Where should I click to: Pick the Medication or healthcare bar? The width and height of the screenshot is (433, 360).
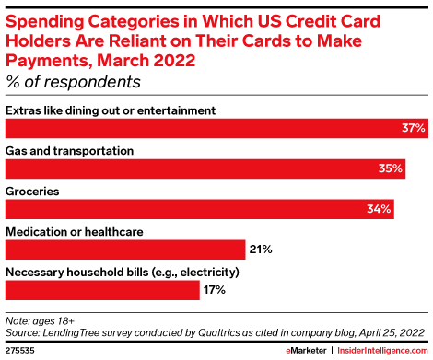(x=125, y=250)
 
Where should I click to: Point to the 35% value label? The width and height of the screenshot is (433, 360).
(x=391, y=169)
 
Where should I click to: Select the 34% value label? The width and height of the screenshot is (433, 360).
(x=380, y=209)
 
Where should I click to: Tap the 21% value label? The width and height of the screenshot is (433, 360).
(x=261, y=250)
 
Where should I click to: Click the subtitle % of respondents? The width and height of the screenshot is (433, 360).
(x=73, y=82)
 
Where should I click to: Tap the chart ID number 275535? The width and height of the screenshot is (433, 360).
(x=19, y=351)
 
